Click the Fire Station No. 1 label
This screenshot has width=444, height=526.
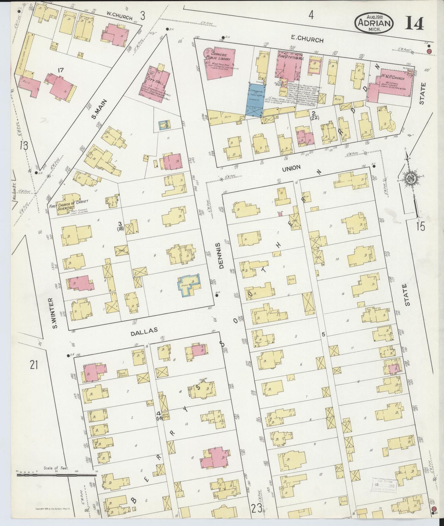point(291,58)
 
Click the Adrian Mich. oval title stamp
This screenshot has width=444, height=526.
point(374,23)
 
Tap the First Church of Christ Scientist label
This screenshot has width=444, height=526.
point(68,204)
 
